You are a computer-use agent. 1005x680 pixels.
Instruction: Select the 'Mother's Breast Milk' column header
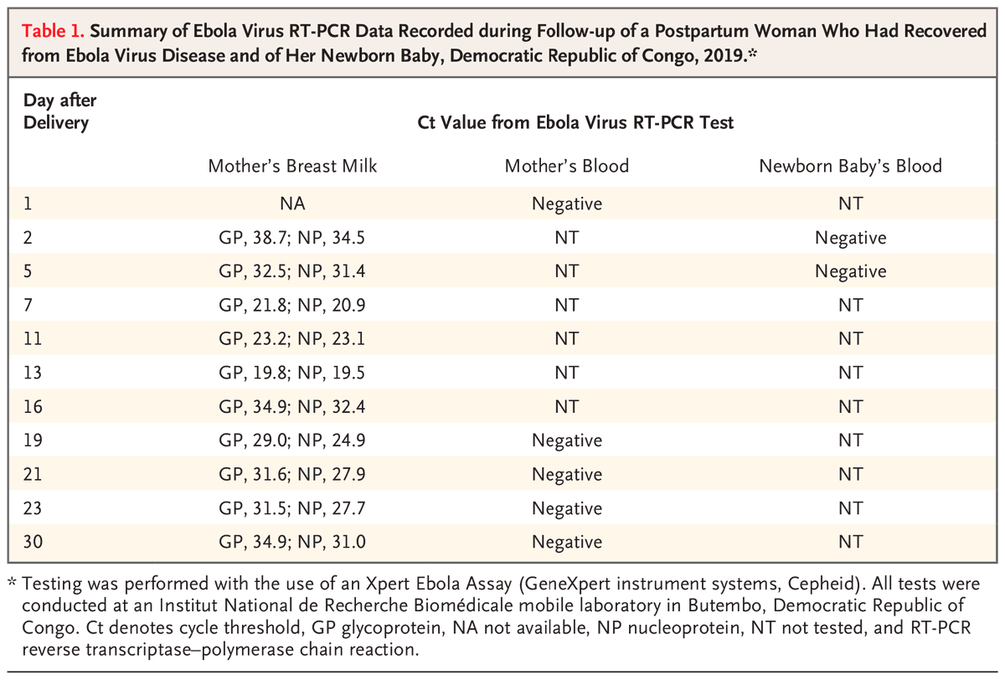[x=292, y=166]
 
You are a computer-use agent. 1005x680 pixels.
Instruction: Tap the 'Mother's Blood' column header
[x=566, y=166]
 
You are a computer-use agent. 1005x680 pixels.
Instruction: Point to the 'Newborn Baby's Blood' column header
[x=850, y=166]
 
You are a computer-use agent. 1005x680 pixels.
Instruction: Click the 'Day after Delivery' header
[x=57, y=111]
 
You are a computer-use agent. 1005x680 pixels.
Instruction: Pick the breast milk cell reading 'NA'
[x=292, y=203]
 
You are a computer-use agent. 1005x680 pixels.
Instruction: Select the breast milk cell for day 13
[x=292, y=373]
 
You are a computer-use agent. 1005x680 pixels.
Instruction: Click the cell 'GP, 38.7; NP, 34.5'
[x=292, y=237]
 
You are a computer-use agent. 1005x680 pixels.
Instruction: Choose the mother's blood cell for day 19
[x=566, y=440]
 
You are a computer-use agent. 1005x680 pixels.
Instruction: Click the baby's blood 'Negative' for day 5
[x=850, y=271]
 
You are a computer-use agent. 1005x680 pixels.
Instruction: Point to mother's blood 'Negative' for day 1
[x=566, y=203]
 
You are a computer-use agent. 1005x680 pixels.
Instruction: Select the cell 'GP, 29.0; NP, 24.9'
[x=292, y=440]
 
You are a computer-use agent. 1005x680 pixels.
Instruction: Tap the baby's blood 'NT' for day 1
[x=850, y=203]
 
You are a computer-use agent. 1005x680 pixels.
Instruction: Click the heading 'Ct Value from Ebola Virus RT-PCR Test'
[x=575, y=123]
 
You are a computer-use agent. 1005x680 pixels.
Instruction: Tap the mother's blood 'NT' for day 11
[x=566, y=339]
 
